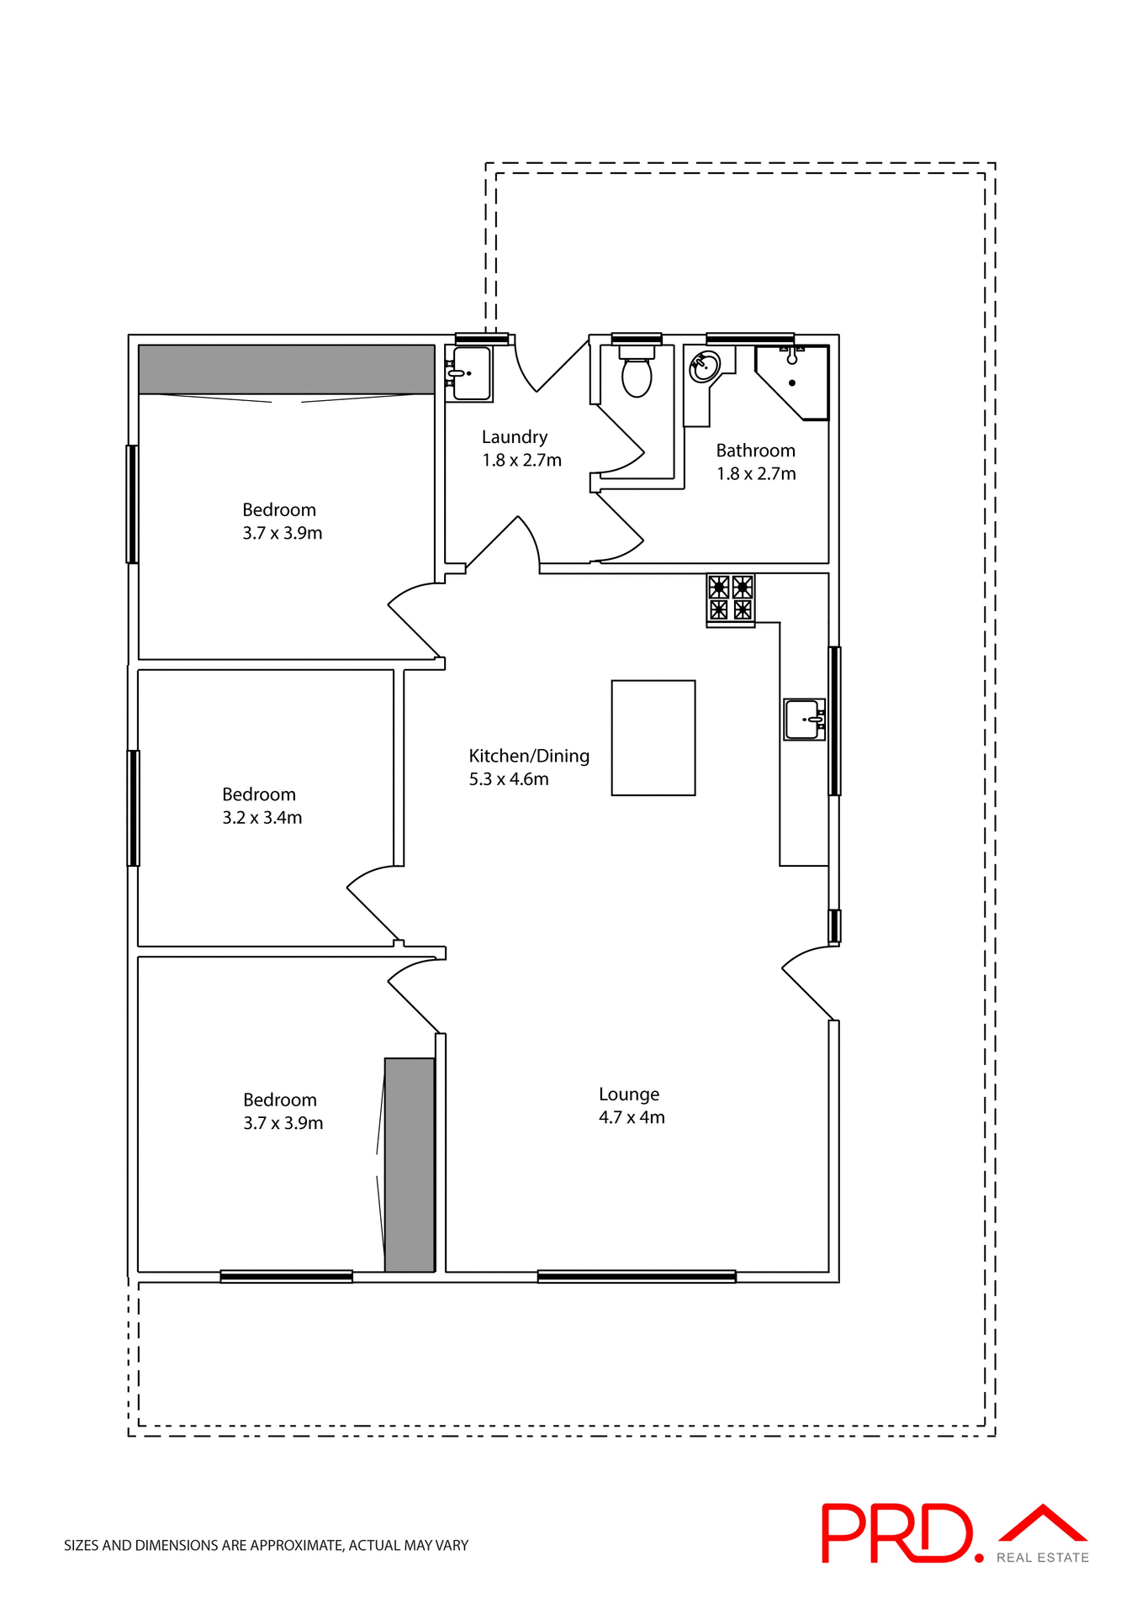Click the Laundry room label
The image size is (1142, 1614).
click(514, 437)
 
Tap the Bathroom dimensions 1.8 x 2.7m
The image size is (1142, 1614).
click(755, 474)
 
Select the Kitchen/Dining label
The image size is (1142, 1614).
click(528, 756)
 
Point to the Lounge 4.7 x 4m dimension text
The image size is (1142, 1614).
click(631, 1117)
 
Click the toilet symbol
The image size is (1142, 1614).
click(637, 374)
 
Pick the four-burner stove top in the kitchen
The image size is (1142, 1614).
click(730, 598)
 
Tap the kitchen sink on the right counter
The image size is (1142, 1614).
click(804, 720)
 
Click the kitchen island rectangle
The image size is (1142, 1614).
click(653, 737)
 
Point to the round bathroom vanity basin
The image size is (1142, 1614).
click(704, 367)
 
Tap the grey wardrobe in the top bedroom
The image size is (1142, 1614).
click(286, 369)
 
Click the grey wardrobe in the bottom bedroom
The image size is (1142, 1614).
click(410, 1164)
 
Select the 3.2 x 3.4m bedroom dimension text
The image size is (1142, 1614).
click(262, 818)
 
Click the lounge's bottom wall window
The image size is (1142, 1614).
click(636, 1276)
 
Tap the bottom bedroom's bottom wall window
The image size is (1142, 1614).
click(286, 1276)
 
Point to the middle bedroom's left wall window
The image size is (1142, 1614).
click(133, 807)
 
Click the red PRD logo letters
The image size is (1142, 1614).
click(896, 1533)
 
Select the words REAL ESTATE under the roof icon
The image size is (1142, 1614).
click(1042, 1558)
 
